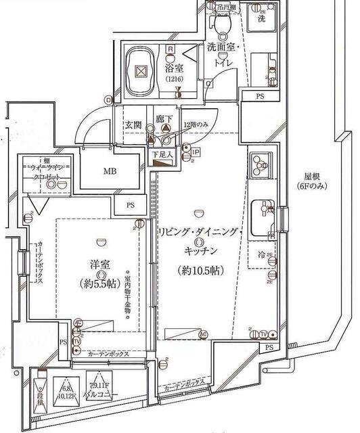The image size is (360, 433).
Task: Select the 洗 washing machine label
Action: tap(261, 19)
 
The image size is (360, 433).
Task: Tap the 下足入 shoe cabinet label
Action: tap(162, 155)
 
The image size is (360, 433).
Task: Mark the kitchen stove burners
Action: tap(260, 164)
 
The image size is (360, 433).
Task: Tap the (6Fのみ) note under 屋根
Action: tap(311, 187)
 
